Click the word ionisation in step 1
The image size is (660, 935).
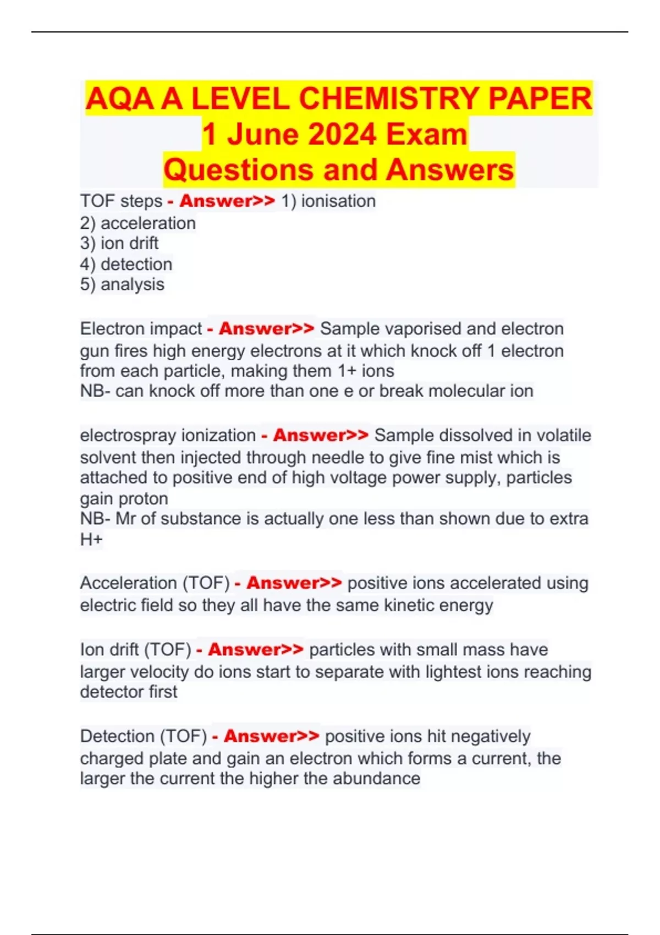click(x=338, y=201)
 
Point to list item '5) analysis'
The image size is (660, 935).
click(x=122, y=285)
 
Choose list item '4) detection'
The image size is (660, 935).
click(x=126, y=265)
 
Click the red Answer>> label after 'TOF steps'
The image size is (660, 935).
click(x=227, y=201)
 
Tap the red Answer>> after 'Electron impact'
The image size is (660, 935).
click(x=266, y=329)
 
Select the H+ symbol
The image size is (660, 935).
click(x=91, y=540)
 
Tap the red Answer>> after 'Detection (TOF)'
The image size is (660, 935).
click(x=271, y=736)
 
